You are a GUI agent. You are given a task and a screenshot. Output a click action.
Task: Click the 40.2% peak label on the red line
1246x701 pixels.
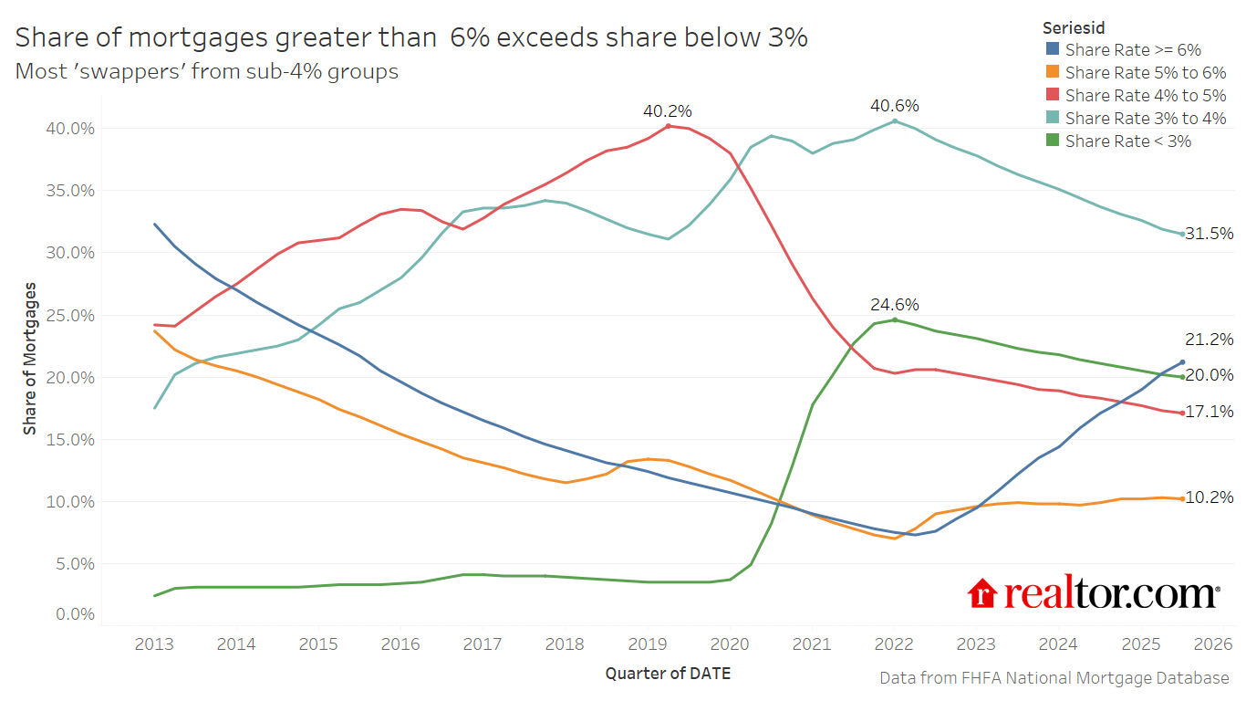(x=668, y=111)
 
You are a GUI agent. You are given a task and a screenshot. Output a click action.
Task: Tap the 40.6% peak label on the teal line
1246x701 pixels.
(x=894, y=106)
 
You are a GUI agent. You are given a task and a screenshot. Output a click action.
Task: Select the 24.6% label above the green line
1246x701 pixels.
(x=894, y=305)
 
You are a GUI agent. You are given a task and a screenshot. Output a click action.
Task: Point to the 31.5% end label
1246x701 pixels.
(x=1209, y=234)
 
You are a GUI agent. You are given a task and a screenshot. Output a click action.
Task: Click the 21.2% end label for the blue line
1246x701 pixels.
(x=1209, y=340)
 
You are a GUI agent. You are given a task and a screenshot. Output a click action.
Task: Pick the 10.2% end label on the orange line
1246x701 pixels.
(x=1209, y=497)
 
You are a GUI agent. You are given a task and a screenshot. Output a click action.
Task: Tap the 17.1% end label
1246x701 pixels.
(x=1209, y=412)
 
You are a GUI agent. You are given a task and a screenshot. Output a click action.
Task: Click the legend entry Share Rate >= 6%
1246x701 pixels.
(x=1133, y=50)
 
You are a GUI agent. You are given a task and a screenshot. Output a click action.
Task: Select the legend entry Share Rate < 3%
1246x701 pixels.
(x=1127, y=141)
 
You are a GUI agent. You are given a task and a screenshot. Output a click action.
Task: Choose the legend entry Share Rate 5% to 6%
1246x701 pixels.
(x=1145, y=73)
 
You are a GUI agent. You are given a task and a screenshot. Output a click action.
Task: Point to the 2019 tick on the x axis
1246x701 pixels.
(x=648, y=644)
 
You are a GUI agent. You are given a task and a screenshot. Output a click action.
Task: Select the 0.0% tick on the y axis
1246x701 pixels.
(x=75, y=614)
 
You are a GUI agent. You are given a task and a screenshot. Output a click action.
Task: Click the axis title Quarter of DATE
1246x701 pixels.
(x=668, y=674)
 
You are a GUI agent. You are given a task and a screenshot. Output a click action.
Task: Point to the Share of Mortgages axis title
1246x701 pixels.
(x=30, y=359)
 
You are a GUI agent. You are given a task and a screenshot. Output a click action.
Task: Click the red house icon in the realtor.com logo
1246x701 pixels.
(x=983, y=593)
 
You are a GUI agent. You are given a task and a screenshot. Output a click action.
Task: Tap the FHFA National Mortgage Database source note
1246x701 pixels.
(x=1054, y=678)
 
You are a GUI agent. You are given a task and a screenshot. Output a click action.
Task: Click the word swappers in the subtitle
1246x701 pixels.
(x=152, y=71)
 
